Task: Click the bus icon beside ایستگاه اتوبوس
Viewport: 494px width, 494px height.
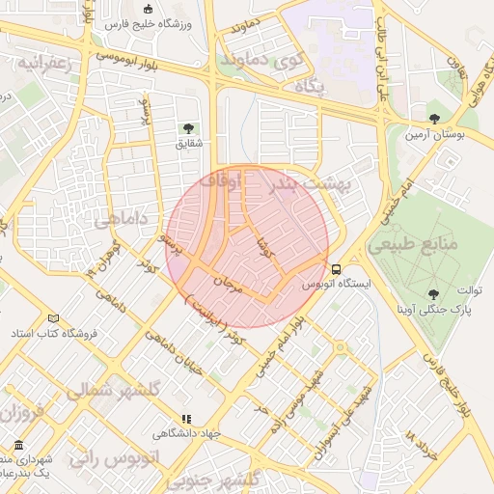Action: pyautogui.click(x=336, y=269)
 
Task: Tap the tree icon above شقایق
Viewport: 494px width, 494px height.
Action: pyautogui.click(x=186, y=128)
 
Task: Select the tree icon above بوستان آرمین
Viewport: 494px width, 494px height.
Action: pyautogui.click(x=433, y=119)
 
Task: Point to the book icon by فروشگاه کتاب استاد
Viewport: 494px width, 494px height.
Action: pyautogui.click(x=53, y=317)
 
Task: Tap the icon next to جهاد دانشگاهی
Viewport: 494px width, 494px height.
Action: pyautogui.click(x=186, y=419)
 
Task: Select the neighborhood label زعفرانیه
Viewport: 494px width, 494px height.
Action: pyautogui.click(x=39, y=63)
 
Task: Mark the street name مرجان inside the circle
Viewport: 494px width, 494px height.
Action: pyautogui.click(x=223, y=286)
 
